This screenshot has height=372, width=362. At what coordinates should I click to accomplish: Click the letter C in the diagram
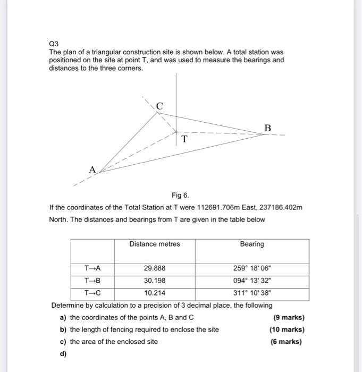[159, 106]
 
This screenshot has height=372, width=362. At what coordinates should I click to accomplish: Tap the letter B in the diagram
[267, 128]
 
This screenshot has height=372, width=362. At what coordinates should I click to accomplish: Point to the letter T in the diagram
[184, 139]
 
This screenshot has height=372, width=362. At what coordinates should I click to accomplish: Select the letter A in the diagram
[92, 170]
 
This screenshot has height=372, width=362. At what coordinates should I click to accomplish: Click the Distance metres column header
[154, 244]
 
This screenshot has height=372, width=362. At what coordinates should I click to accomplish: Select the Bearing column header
[251, 244]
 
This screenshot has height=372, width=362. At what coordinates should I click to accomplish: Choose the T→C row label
[92, 293]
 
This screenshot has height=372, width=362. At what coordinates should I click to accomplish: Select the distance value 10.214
[155, 293]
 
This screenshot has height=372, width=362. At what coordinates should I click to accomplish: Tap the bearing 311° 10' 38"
[251, 293]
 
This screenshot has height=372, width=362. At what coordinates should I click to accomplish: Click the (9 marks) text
[289, 318]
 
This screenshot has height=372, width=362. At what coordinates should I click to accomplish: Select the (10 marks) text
[287, 329]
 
